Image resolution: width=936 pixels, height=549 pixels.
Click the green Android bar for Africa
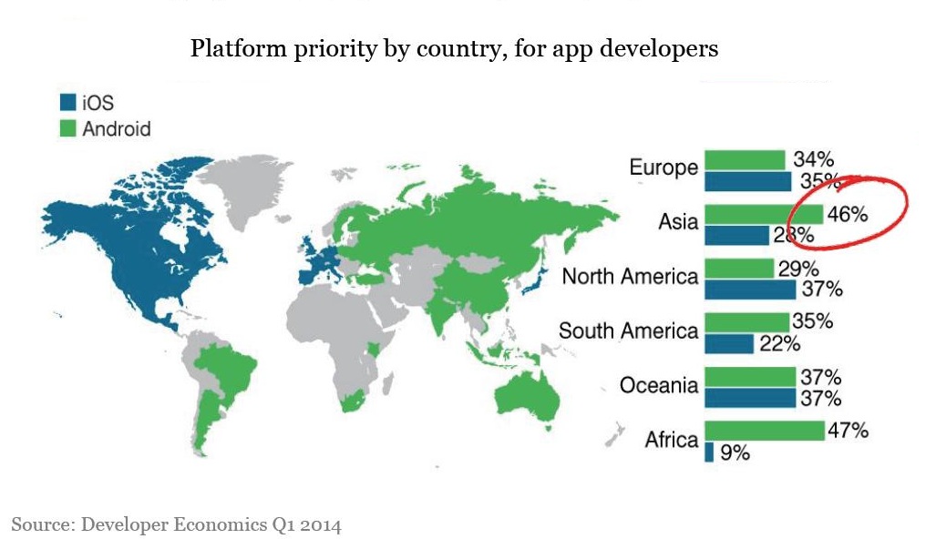(764, 431)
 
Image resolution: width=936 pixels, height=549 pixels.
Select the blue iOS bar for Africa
(709, 452)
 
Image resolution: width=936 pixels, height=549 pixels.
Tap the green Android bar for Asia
(764, 215)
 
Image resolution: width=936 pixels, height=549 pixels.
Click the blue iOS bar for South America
(729, 343)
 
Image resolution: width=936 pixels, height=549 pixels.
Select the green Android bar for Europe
(745, 160)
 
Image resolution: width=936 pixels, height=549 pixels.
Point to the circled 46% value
(848, 215)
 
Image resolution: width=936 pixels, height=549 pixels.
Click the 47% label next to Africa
(848, 431)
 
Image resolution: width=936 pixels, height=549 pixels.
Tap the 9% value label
(735, 452)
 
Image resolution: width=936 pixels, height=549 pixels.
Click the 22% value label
(780, 343)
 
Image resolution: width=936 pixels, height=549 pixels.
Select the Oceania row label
(659, 386)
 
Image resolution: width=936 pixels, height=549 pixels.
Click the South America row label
(628, 331)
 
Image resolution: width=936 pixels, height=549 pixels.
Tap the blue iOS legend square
(67, 101)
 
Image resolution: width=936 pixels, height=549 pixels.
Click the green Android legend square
(67, 128)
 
